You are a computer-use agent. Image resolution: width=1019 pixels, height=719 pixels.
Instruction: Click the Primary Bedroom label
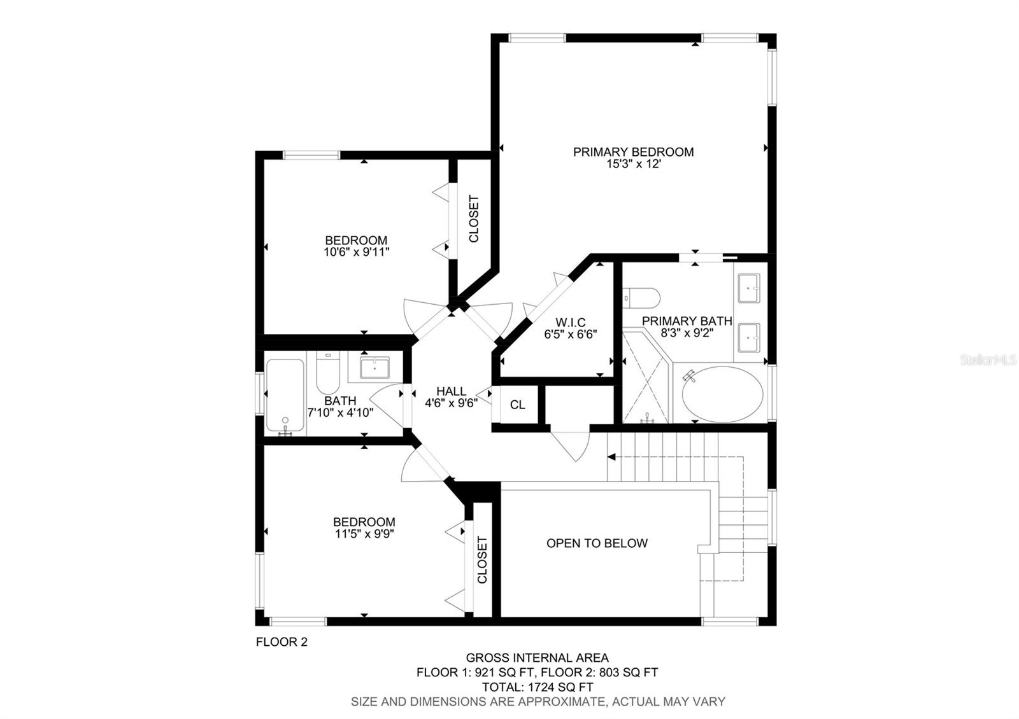(633, 152)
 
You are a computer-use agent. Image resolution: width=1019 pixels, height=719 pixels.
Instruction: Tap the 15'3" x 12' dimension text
(633, 164)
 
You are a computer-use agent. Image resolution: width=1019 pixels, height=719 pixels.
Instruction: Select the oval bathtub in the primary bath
(722, 393)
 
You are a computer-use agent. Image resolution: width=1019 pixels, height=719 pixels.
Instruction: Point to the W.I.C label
(570, 323)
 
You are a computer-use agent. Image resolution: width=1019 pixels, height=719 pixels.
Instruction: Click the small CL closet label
(518, 405)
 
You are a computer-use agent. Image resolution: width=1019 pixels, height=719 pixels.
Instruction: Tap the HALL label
(451, 391)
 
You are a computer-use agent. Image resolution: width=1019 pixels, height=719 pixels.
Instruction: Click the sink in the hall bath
(374, 368)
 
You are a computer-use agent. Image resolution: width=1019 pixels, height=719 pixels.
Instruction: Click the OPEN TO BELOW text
(597, 543)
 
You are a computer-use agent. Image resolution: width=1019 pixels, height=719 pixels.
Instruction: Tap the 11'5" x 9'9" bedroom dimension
(364, 534)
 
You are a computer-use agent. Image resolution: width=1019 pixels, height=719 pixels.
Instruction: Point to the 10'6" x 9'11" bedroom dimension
(356, 252)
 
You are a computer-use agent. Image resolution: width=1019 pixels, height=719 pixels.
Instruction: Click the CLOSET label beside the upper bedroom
(474, 219)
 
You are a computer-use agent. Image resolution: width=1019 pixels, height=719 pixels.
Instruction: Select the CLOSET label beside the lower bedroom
(482, 560)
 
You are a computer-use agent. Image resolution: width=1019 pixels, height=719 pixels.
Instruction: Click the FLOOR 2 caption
(281, 642)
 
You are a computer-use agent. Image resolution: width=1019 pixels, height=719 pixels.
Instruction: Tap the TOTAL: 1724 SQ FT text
(537, 687)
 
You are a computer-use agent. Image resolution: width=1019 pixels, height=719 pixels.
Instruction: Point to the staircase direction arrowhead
(611, 457)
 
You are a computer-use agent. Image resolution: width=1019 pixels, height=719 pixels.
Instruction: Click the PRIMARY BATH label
(687, 321)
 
